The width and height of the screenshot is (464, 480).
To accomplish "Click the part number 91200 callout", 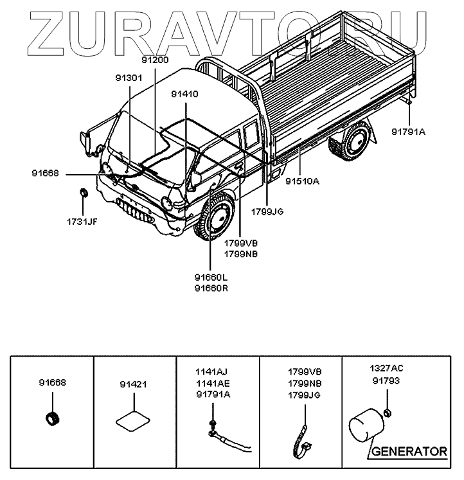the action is [x=155, y=59].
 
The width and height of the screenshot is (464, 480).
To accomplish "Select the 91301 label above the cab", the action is [x=129, y=78].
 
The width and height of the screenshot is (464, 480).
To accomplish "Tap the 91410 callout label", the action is [x=184, y=94].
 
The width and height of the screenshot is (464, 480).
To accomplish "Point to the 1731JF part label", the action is [x=83, y=222].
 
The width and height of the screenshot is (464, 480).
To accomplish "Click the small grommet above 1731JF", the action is [x=84, y=192].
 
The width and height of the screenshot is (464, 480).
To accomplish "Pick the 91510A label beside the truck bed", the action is [x=302, y=181].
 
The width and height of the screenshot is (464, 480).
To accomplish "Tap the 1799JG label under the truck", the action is [x=267, y=211].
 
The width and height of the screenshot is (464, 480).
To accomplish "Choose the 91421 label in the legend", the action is [x=134, y=385].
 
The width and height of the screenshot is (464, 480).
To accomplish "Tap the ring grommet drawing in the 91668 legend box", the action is [x=51, y=418].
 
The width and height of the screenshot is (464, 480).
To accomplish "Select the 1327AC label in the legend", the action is [x=387, y=369].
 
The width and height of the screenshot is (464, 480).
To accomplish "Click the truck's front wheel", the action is [x=215, y=219].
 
